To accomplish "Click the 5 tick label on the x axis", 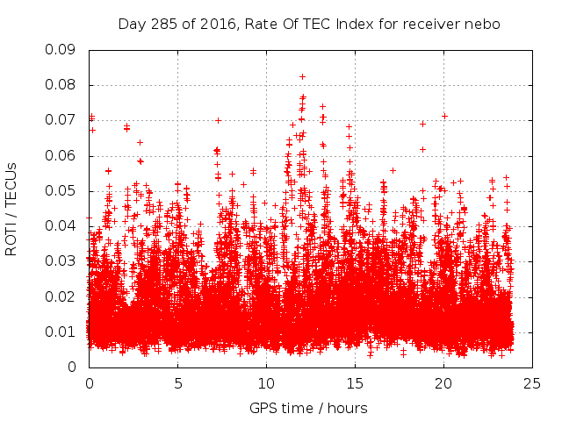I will pyautogui.click(x=177, y=383).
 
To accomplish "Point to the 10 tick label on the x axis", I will pyautogui.click(x=266, y=383).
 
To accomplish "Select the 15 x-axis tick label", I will pyautogui.click(x=355, y=383).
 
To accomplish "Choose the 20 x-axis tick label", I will pyautogui.click(x=443, y=383).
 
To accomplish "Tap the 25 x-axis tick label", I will pyautogui.click(x=532, y=383).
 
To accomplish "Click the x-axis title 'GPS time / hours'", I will pyautogui.click(x=308, y=408).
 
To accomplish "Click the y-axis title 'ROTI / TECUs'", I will pyautogui.click(x=12, y=208).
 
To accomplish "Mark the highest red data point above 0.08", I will pyautogui.click(x=303, y=77).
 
